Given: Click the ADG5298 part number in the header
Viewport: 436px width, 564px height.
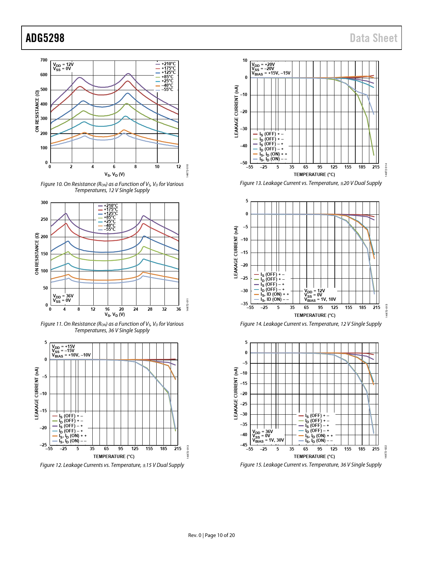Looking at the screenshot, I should [x=45, y=38].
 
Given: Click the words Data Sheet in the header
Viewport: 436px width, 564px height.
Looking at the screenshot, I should [x=373, y=38].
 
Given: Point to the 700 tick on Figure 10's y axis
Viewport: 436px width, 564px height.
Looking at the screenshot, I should [x=44, y=60].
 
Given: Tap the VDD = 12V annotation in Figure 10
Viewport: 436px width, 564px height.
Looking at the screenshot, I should [x=63, y=64].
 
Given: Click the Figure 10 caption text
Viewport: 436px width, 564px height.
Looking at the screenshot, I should [x=112, y=187].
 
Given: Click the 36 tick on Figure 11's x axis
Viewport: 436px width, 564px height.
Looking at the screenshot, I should [x=179, y=309].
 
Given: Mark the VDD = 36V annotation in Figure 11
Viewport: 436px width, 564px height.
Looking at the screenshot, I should [x=63, y=296].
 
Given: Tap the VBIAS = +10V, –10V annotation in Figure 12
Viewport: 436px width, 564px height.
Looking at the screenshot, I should [x=71, y=355].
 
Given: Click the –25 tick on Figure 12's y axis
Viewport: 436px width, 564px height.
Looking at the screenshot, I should [x=43, y=445].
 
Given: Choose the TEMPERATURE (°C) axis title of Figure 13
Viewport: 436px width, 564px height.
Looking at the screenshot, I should [x=314, y=175].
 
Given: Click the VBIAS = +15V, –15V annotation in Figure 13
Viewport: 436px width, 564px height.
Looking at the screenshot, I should [x=271, y=73].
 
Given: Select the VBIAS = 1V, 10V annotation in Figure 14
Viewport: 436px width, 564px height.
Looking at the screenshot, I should [x=320, y=299].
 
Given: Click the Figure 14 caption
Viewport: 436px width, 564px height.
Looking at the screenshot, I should [x=311, y=324].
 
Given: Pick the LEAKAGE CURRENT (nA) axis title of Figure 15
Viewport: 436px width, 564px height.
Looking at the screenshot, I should [x=236, y=393].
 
